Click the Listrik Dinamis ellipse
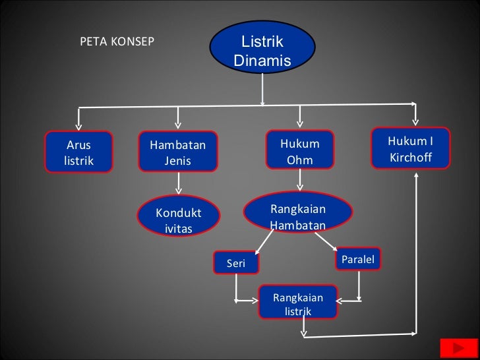(262, 51)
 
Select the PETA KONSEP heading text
(117, 42)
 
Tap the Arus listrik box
(78, 152)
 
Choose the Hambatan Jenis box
(178, 152)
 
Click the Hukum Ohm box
(300, 151)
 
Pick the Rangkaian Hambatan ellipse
(298, 216)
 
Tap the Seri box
(236, 264)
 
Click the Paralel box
(358, 259)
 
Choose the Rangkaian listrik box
(298, 304)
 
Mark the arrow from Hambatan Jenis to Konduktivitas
(178, 185)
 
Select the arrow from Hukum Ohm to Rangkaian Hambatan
(300, 180)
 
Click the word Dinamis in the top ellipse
(262, 61)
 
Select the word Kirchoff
(410, 158)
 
